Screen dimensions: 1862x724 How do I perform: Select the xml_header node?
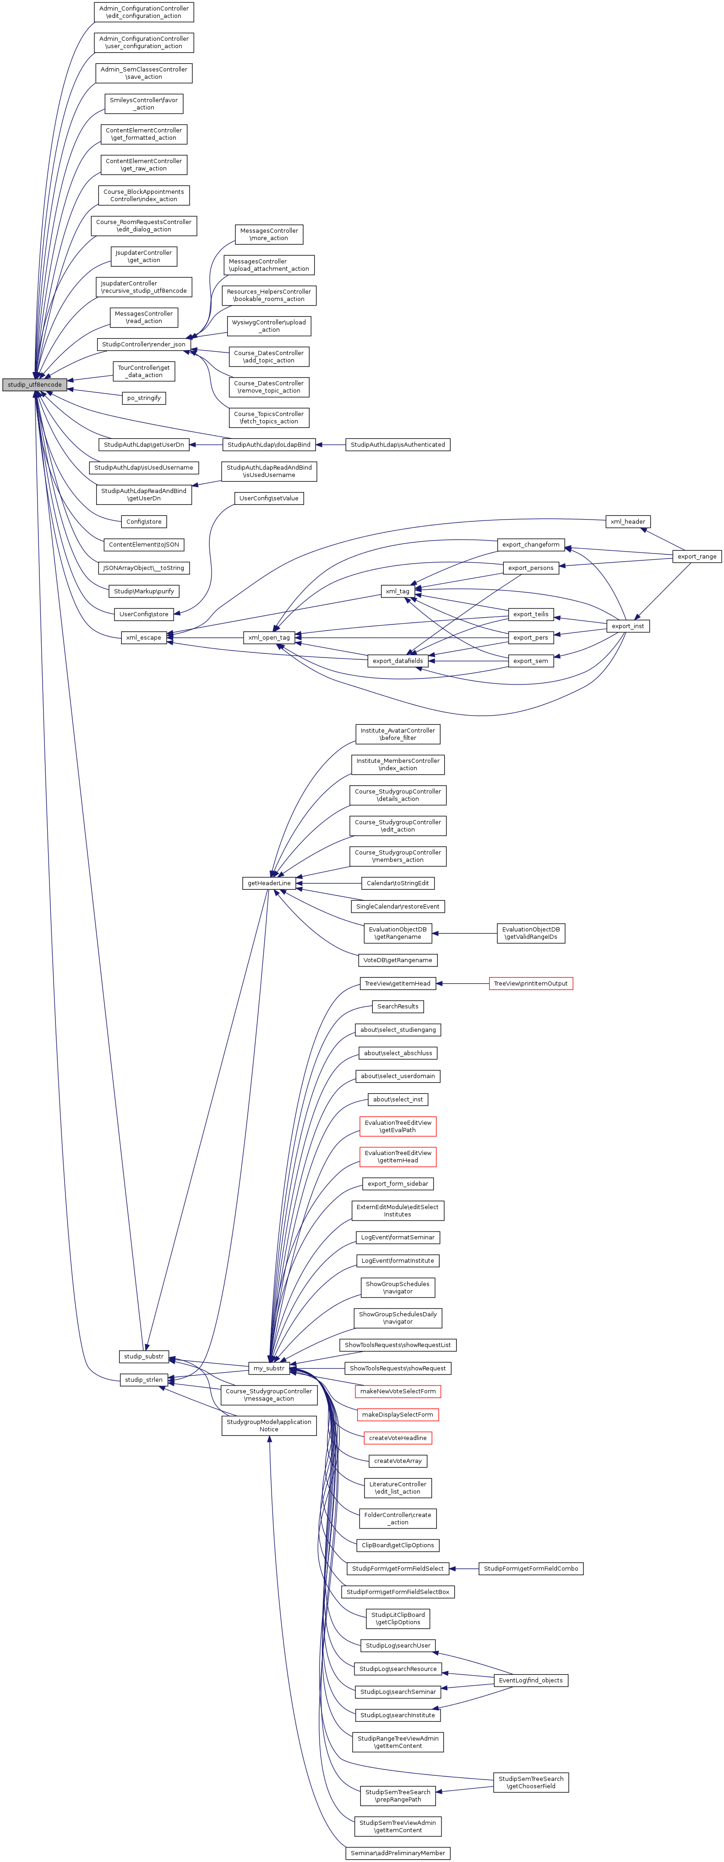click(627, 521)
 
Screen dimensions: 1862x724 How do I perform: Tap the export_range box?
click(697, 556)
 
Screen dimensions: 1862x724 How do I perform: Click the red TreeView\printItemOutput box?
click(530, 983)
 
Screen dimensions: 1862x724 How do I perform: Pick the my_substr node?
click(268, 1368)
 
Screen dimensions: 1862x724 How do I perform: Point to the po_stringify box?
click(144, 398)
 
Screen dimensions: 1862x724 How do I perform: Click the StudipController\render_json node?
click(143, 344)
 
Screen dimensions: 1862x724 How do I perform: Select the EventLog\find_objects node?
click(530, 1680)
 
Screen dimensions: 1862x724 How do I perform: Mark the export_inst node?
click(627, 626)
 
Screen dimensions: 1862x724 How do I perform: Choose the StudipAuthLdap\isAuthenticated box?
click(397, 444)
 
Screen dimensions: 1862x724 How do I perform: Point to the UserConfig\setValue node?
click(268, 498)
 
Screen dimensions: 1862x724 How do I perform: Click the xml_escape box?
click(144, 637)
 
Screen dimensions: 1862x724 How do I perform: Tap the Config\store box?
click(144, 521)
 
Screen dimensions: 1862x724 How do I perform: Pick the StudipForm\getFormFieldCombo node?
click(530, 1568)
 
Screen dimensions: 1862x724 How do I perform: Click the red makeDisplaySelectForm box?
click(397, 1414)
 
